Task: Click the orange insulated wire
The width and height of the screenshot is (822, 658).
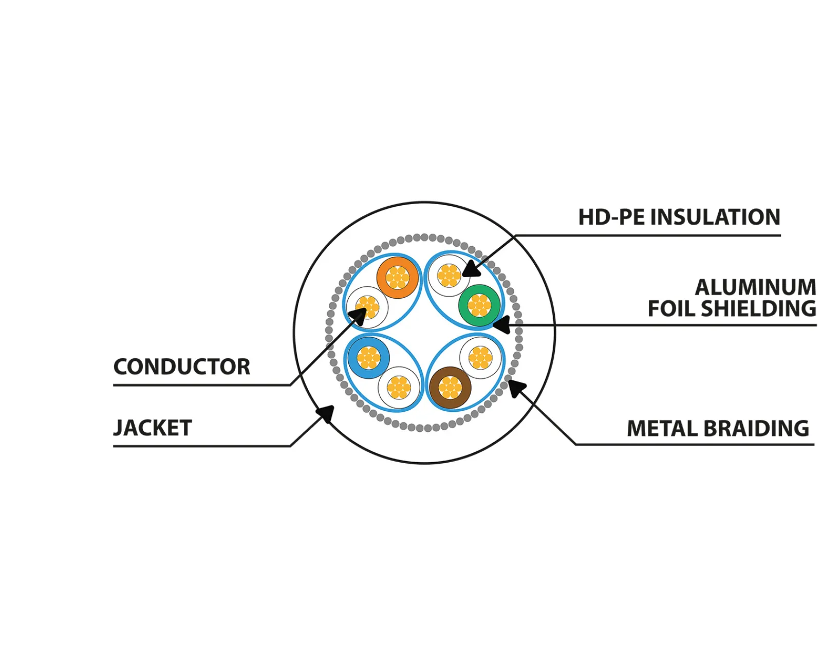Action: (397, 278)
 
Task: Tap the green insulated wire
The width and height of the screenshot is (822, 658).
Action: (479, 305)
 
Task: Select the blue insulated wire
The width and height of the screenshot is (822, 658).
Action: (368, 358)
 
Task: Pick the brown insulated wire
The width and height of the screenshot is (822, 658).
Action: (450, 388)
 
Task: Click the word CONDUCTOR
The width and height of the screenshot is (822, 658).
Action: (182, 367)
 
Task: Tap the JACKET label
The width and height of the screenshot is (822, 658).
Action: (153, 428)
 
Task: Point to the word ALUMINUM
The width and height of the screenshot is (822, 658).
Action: (755, 287)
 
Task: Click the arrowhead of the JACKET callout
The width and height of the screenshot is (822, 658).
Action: (326, 413)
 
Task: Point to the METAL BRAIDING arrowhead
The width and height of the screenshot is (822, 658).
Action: (515, 388)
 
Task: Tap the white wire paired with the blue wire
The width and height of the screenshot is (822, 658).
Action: (399, 388)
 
